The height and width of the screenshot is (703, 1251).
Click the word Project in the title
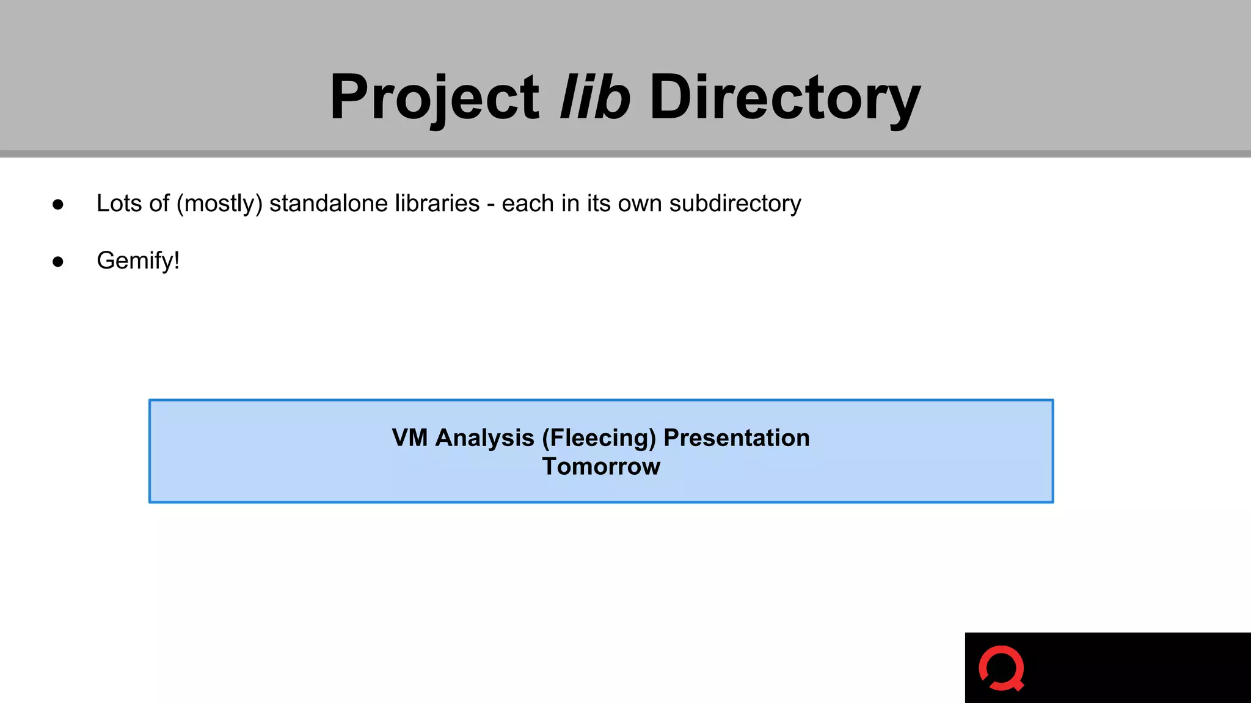(434, 98)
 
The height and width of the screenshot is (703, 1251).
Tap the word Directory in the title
(785, 98)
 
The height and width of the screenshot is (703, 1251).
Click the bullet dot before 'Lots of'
(58, 204)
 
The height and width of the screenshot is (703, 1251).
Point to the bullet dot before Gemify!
(58, 262)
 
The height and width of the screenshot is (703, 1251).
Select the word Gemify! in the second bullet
(138, 261)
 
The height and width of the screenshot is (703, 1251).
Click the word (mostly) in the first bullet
(219, 204)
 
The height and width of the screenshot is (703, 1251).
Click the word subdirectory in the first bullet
(735, 204)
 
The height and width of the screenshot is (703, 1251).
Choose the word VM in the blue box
(409, 438)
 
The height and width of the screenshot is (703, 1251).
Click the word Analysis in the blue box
(484, 438)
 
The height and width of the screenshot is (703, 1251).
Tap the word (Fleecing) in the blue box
(599, 438)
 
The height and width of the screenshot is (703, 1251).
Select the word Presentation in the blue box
(736, 438)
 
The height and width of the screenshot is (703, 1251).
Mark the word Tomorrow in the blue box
(601, 466)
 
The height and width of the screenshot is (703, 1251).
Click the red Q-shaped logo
(1001, 668)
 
